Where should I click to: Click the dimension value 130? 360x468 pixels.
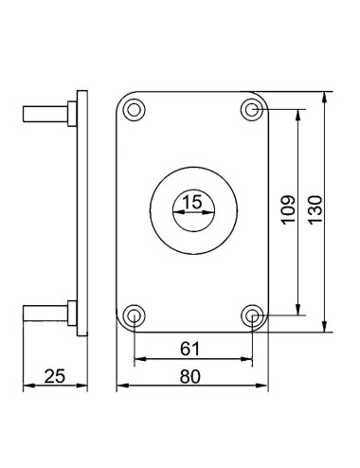point(315,210)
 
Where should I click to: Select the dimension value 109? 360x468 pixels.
point(288,210)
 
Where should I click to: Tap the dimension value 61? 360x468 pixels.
point(190,349)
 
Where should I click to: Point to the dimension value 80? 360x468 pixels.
point(190,376)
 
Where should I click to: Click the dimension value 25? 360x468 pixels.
point(55,376)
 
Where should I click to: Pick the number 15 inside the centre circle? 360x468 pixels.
point(192,202)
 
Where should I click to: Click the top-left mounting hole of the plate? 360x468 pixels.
point(134,110)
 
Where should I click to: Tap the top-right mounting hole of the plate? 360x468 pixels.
point(252,110)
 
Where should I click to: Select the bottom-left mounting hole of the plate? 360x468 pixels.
point(134,315)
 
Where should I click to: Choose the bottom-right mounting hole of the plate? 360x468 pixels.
point(252,315)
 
